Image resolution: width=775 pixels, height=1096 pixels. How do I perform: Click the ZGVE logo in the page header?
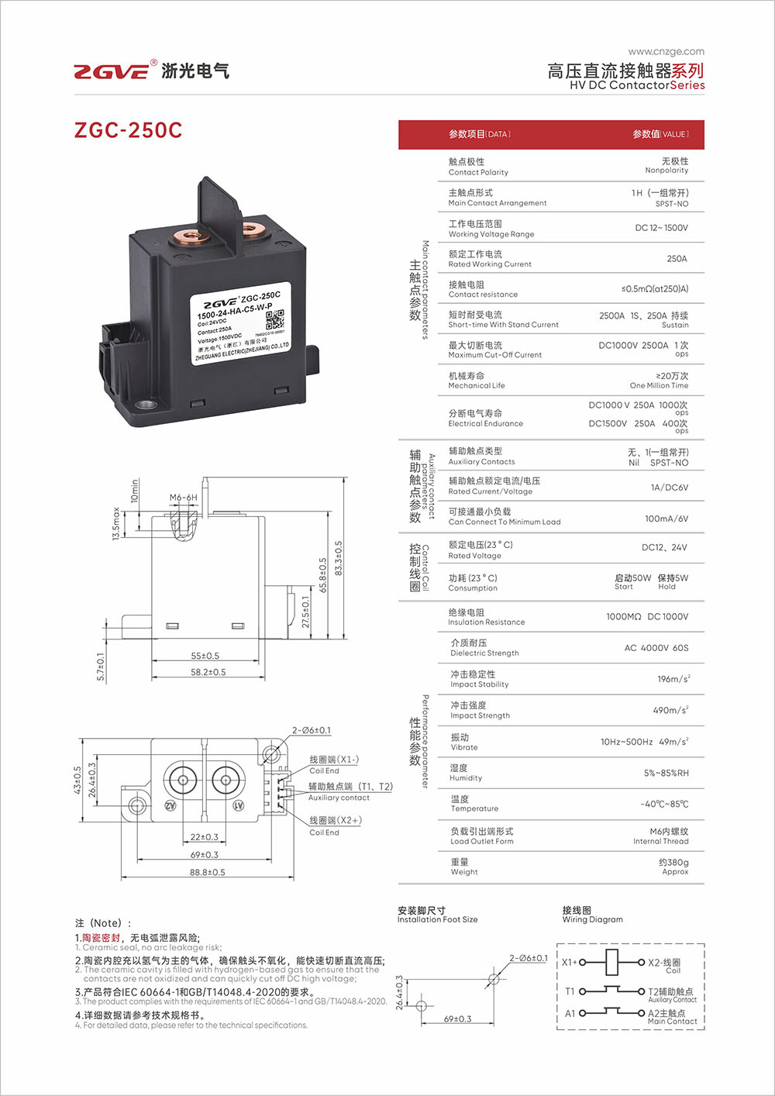(112, 71)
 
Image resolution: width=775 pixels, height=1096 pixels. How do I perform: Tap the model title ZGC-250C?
(128, 129)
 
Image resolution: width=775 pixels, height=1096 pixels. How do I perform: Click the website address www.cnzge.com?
(666, 51)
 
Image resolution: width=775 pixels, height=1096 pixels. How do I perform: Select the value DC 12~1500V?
(661, 228)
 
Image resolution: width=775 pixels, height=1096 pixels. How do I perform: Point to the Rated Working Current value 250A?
(677, 258)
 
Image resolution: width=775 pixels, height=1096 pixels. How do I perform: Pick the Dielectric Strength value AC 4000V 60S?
(656, 647)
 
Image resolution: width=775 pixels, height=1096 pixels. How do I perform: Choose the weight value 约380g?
(673, 862)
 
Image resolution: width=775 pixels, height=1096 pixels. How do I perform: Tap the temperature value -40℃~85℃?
(664, 804)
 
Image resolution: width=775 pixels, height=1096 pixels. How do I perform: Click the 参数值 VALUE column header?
(660, 134)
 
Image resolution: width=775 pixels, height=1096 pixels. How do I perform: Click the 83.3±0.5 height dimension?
(339, 558)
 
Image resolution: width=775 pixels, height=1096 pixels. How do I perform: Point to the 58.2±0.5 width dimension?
(208, 672)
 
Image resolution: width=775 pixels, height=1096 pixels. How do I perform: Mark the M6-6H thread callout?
(184, 497)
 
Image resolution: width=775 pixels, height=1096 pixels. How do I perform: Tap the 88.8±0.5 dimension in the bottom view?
(208, 872)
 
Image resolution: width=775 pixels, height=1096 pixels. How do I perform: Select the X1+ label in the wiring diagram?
(570, 962)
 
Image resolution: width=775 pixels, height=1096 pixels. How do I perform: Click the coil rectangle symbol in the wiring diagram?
(611, 962)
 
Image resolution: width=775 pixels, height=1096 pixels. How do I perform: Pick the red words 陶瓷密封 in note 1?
(102, 938)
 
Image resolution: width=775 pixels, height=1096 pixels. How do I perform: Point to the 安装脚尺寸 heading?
(422, 910)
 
